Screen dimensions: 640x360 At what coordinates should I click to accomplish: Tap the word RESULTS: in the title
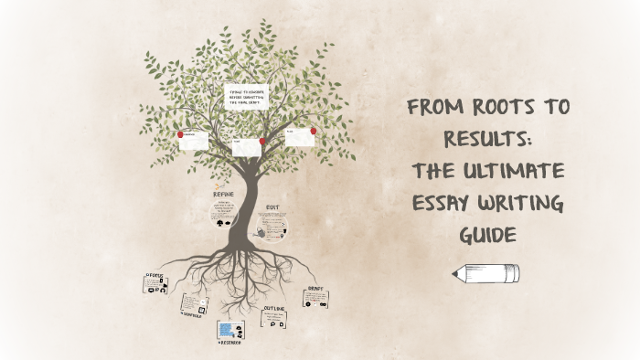(x=486, y=139)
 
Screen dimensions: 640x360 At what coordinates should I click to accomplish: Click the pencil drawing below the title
(x=485, y=272)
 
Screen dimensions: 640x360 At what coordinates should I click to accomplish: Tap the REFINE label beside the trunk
(x=229, y=195)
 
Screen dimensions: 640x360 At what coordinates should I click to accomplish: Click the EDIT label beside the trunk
(x=272, y=207)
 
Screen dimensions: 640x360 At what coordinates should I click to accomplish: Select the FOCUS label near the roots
(x=155, y=273)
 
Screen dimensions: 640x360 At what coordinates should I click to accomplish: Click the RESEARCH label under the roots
(x=229, y=343)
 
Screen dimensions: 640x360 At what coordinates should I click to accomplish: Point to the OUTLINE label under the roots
(x=274, y=309)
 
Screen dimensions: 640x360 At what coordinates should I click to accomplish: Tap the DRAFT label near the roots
(x=315, y=287)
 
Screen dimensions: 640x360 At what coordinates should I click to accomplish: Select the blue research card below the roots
(x=229, y=329)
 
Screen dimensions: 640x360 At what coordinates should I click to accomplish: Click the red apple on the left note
(x=181, y=134)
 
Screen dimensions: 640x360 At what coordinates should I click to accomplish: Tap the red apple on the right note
(x=314, y=131)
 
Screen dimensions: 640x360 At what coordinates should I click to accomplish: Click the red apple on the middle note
(x=262, y=142)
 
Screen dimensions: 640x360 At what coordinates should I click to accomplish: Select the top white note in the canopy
(x=247, y=97)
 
